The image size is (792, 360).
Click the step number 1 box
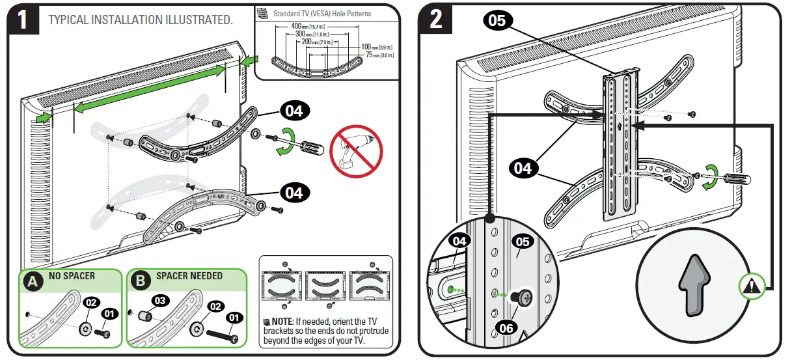[23, 20]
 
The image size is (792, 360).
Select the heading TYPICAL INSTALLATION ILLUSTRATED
[141, 20]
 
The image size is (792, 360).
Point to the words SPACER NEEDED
[189, 276]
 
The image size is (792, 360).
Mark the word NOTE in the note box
[282, 322]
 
